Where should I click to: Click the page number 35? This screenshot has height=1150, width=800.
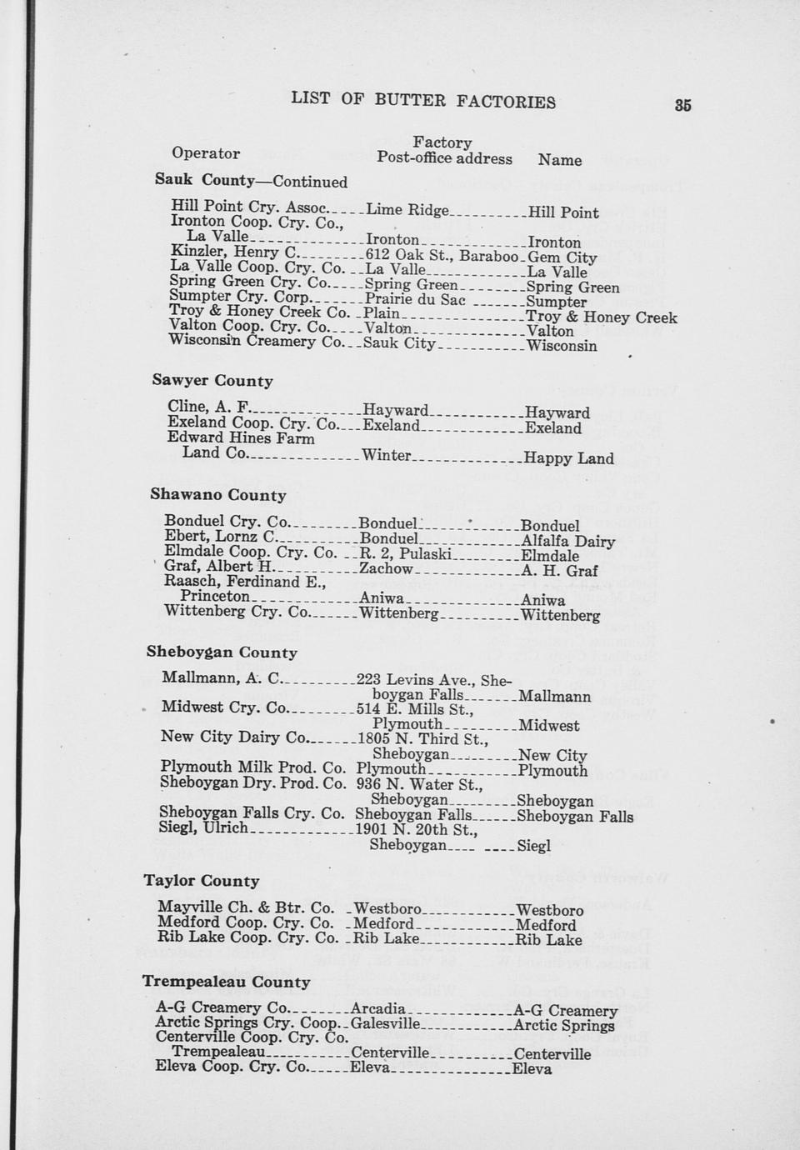[683, 105]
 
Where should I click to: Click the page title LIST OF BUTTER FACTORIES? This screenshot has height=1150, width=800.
[423, 101]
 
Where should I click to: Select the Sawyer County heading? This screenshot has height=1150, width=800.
[212, 381]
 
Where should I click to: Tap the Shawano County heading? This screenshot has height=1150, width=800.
[218, 495]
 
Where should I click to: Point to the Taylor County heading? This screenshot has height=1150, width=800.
[202, 881]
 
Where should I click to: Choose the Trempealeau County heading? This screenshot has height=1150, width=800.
[226, 982]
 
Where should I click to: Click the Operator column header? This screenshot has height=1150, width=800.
[206, 153]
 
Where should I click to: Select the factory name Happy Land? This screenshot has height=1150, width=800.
[569, 458]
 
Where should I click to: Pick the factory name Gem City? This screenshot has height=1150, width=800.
[562, 257]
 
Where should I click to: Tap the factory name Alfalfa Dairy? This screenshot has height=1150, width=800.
[568, 542]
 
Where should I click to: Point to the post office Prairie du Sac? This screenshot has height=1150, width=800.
[415, 300]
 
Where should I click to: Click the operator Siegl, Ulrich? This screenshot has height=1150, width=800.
[203, 828]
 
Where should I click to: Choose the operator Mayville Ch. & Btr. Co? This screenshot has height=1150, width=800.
[246, 907]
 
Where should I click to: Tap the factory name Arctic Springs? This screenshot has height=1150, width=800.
[564, 1026]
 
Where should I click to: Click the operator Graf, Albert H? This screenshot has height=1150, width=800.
[213, 567]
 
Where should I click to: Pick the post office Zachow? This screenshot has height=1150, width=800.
[386, 568]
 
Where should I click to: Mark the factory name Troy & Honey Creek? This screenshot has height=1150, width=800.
[602, 317]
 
